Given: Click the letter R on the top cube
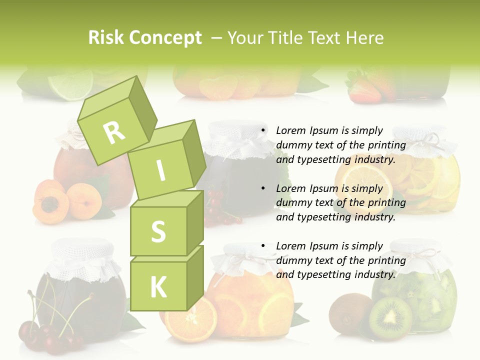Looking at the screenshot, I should pyautogui.click(x=114, y=132).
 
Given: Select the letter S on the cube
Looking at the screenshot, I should pyautogui.click(x=158, y=231).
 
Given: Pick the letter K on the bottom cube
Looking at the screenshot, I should pyautogui.click(x=158, y=287).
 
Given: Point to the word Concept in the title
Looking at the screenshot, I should pyautogui.click(x=166, y=38).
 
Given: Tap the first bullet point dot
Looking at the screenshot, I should pyautogui.click(x=262, y=131).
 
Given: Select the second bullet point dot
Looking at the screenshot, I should pyautogui.click(x=262, y=188).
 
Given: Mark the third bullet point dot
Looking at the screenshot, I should pyautogui.click(x=262, y=246).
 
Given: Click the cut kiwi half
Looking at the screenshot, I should pyautogui.click(x=390, y=318).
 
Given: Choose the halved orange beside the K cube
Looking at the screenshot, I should pyautogui.click(x=191, y=318).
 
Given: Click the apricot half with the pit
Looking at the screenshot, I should pyautogui.click(x=50, y=205).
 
